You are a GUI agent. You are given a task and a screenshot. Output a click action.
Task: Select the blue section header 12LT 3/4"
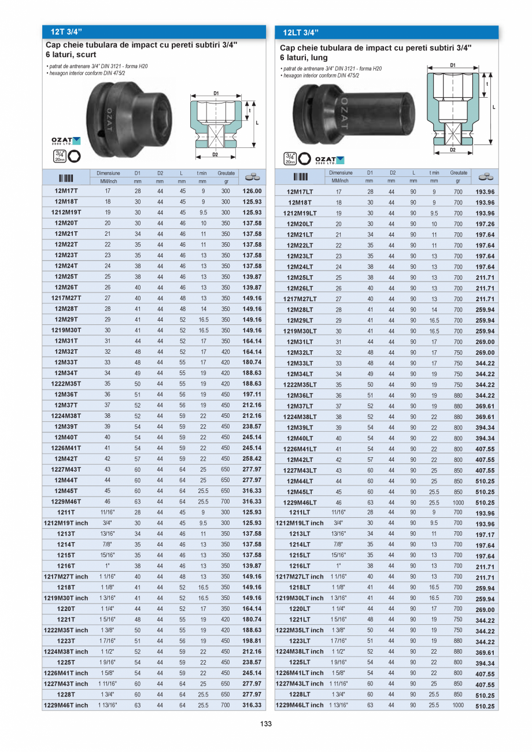301,32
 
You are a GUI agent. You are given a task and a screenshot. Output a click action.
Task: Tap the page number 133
266,724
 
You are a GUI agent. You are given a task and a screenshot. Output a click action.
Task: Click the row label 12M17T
66,191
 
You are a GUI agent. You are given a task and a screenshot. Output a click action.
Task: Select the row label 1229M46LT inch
300,705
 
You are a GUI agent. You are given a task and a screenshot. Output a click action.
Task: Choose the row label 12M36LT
300,395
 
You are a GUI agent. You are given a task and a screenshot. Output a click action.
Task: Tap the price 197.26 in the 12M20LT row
485,224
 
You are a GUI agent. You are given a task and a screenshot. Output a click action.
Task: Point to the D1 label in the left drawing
216,92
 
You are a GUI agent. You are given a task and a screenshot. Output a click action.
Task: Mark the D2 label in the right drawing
453,150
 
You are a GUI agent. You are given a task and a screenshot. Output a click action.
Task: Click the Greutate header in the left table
226,173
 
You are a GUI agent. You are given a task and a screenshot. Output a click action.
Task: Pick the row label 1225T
66,662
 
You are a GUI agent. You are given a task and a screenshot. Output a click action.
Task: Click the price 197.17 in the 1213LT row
485,535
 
